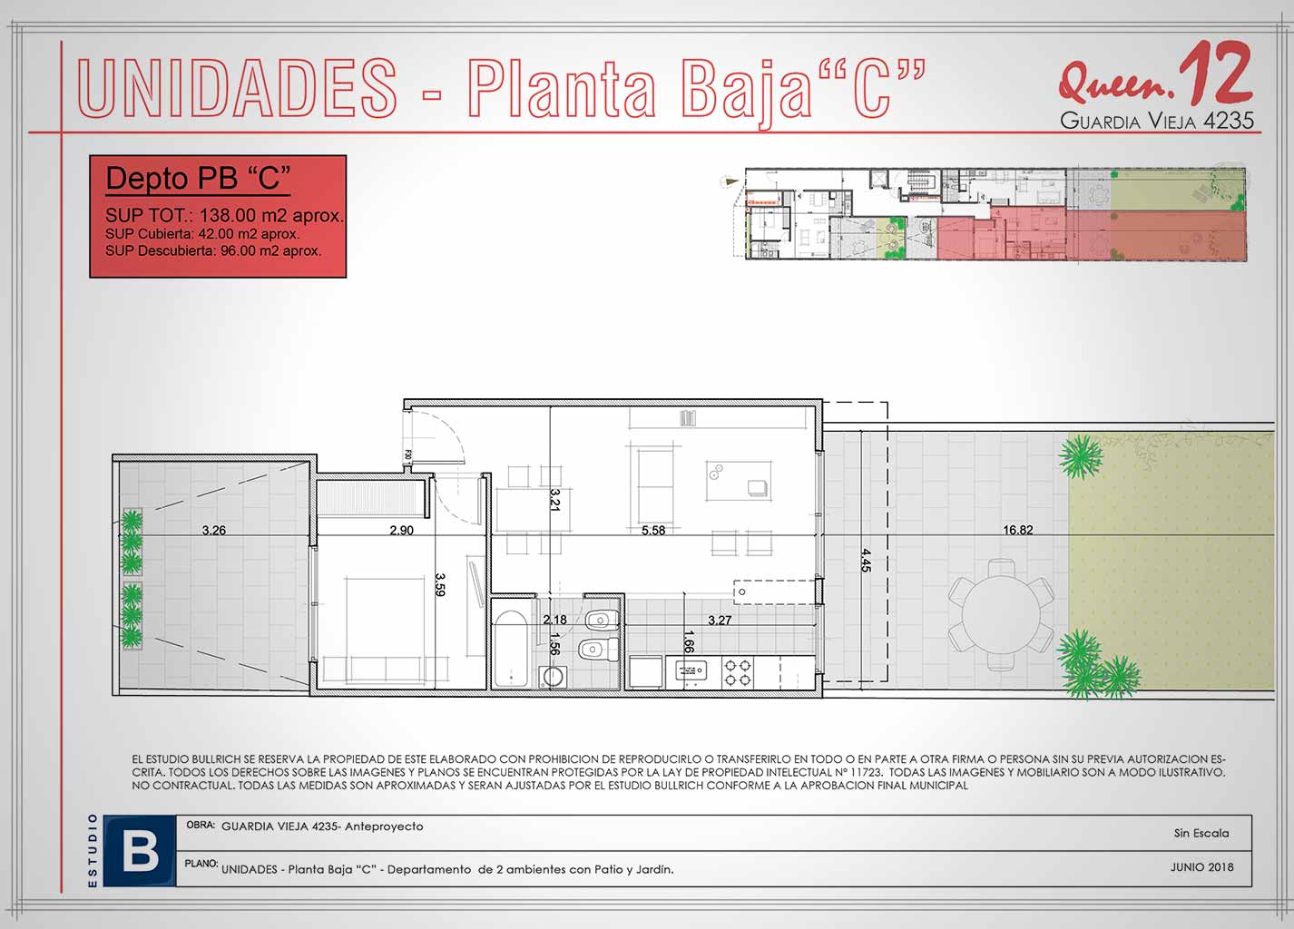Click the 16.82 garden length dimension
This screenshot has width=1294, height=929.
click(1017, 530)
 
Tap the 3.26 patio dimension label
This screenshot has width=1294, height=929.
click(214, 530)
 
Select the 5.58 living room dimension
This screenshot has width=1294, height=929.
click(653, 530)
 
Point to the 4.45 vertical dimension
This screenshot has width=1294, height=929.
click(866, 560)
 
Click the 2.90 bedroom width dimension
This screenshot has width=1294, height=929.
click(401, 530)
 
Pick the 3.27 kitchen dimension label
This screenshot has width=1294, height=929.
click(720, 621)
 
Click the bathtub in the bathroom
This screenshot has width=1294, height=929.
click(511, 649)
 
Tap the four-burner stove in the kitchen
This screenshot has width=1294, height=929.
click(738, 672)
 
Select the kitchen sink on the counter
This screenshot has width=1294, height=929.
click(691, 670)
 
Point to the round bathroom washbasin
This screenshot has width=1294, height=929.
click(552, 677)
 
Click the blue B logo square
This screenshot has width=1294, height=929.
click(140, 850)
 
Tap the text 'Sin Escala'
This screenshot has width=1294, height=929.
click(1201, 833)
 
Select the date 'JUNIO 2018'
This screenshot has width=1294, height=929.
click(1201, 866)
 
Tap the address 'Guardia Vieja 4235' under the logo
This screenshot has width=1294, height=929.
click(1157, 120)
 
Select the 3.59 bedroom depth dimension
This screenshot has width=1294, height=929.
click(439, 584)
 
